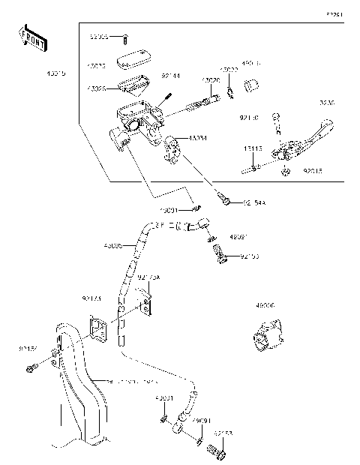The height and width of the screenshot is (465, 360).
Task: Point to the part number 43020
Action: [210, 80]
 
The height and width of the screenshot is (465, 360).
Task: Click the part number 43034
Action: [199, 137]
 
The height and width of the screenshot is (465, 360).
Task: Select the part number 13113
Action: [253, 149]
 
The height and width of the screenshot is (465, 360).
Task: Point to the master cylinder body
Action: [142, 120]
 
